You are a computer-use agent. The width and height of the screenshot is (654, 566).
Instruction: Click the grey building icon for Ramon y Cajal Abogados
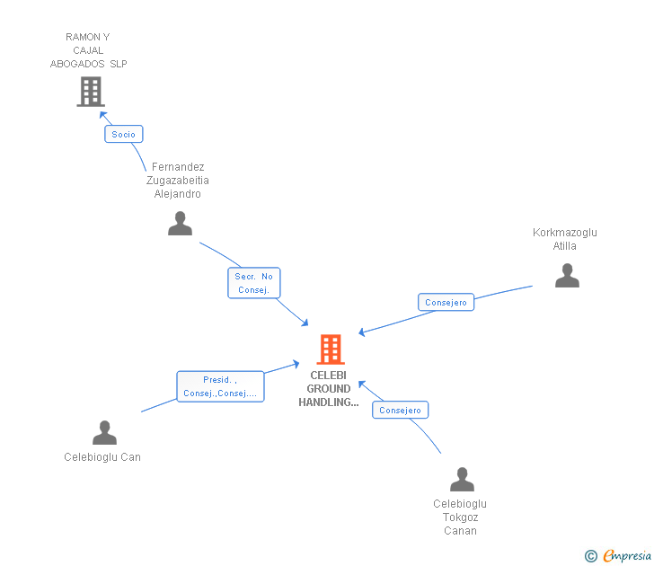click(91, 92)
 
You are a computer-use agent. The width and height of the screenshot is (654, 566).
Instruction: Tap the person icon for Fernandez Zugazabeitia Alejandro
click(181, 224)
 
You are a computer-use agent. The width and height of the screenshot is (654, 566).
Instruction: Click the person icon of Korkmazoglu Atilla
click(567, 276)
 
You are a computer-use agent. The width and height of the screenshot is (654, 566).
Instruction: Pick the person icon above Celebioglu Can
click(105, 433)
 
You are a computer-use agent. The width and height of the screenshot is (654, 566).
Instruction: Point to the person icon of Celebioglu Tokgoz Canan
click(462, 480)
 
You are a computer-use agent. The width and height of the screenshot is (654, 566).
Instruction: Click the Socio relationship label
click(124, 134)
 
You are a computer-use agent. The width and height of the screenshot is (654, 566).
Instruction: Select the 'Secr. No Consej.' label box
click(254, 283)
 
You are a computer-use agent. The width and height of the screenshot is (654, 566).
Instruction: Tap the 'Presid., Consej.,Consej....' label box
click(220, 386)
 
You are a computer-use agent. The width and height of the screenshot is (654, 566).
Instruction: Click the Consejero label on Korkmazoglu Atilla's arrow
click(446, 303)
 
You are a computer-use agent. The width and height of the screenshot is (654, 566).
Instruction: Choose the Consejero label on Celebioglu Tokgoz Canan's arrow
click(400, 411)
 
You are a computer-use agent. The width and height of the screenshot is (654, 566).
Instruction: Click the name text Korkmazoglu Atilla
click(564, 239)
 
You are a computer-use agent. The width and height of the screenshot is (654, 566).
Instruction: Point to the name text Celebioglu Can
click(102, 457)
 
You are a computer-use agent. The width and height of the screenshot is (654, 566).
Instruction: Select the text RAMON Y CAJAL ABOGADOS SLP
click(88, 50)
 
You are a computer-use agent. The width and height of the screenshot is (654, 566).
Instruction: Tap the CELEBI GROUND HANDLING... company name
click(329, 389)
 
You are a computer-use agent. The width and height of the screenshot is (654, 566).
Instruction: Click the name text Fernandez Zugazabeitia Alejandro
click(178, 181)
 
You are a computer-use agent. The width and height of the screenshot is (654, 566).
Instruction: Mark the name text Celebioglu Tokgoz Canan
click(460, 517)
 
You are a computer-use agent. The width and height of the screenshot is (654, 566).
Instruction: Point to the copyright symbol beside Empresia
click(590, 556)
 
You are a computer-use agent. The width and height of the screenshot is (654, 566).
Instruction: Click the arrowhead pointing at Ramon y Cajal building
click(103, 115)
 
